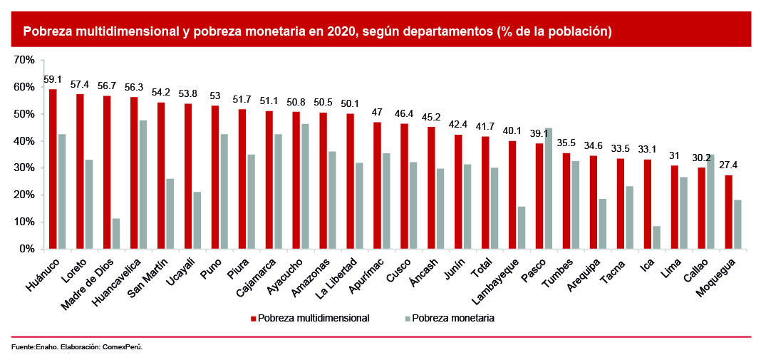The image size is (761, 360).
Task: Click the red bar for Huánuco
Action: [53, 170]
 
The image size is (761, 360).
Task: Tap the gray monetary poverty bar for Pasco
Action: [548, 189]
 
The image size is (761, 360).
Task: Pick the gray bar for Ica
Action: [656, 237]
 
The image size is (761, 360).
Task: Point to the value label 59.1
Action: [53, 80]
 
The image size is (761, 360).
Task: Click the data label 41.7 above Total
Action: [485, 127]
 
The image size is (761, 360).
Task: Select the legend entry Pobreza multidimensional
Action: [314, 318]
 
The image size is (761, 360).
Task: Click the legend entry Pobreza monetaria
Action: [452, 318]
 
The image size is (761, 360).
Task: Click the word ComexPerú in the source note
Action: [123, 347]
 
